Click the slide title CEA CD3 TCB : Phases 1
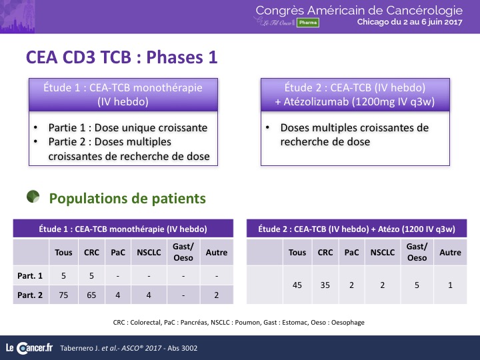pos(121,57)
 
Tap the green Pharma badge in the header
pos(307,23)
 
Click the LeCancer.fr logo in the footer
pos(29,348)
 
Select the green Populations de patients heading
pos(127,199)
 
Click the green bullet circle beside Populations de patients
pos(33,197)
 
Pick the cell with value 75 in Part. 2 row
pos(63,295)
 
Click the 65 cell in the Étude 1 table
pos(91,295)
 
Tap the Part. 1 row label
pos(30,276)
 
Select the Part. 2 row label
pos(30,295)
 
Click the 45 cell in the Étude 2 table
pos(297,285)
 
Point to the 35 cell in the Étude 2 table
pos(325,285)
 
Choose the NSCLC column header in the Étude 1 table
pos(149,252)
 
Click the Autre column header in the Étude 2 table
pos(450,252)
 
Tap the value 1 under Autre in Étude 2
pos(450,285)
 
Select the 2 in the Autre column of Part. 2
pos(217,295)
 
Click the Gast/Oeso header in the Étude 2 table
pos(417,252)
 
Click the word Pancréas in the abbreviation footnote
pos(194,323)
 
